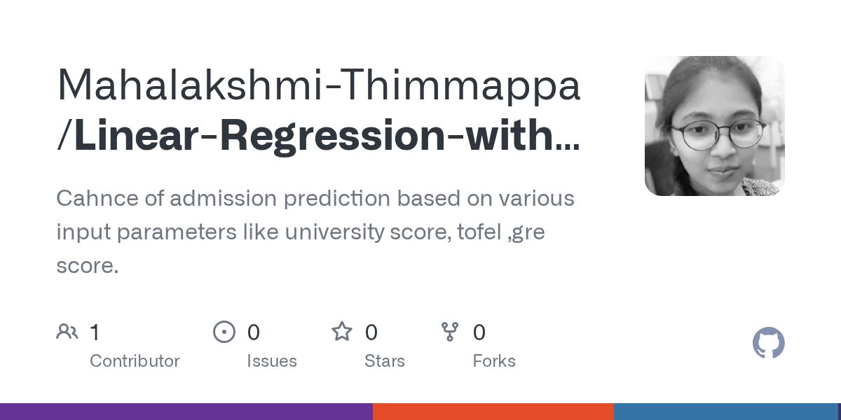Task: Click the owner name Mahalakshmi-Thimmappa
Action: pyautogui.click(x=319, y=85)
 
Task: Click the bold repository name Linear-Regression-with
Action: pyautogui.click(x=319, y=136)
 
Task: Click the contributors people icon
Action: pyautogui.click(x=67, y=332)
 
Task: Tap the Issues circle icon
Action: pyautogui.click(x=224, y=332)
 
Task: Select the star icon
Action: pyautogui.click(x=342, y=332)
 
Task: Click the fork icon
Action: pyautogui.click(x=450, y=332)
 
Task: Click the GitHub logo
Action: pyautogui.click(x=768, y=343)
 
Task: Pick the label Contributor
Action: pyautogui.click(x=135, y=361)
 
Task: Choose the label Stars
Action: pyautogui.click(x=384, y=361)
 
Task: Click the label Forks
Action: pyautogui.click(x=494, y=361)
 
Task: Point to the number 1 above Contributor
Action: pyautogui.click(x=95, y=332)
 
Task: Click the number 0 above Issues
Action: pyautogui.click(x=253, y=332)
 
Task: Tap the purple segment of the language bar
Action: pyautogui.click(x=186, y=412)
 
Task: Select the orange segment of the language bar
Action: pyautogui.click(x=493, y=412)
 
